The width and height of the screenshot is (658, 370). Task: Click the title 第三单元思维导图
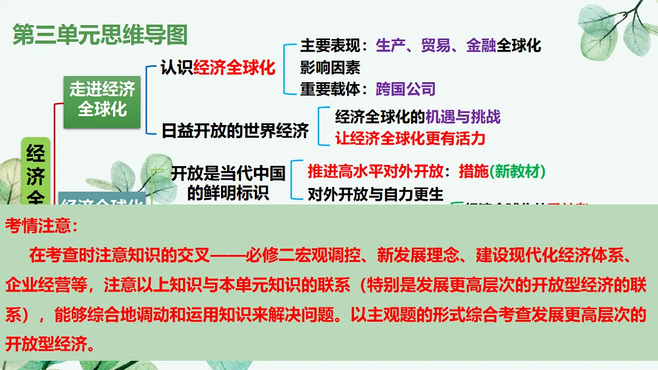(100, 35)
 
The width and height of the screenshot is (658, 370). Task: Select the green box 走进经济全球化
(102, 99)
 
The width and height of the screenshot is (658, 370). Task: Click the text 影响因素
(330, 67)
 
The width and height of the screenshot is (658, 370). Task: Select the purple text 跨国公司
(406, 89)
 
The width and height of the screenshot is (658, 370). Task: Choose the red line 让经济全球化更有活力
(410, 138)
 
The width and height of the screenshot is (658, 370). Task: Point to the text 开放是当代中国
(228, 173)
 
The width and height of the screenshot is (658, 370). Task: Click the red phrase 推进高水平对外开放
(376, 172)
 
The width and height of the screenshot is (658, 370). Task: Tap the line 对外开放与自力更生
(376, 194)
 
